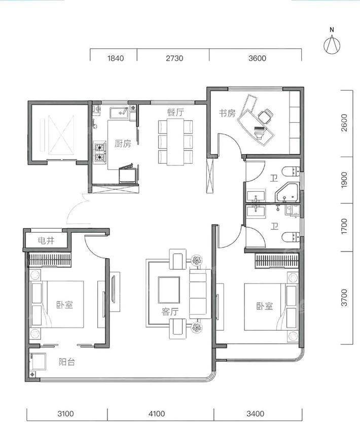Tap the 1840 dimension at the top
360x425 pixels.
point(116,58)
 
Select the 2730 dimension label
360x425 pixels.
point(174,58)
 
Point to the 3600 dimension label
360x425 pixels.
point(257,58)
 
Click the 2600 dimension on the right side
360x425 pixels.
point(344,123)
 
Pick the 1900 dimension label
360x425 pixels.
point(344,180)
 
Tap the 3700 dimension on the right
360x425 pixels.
point(344,298)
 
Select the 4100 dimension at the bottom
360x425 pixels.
point(157,414)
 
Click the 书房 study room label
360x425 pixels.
point(227,113)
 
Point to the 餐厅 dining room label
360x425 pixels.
point(175,112)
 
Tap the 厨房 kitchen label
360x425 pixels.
point(123,144)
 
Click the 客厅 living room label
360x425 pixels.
point(170,312)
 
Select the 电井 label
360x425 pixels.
point(46,240)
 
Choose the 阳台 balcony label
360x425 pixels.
point(67,362)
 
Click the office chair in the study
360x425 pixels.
point(265,116)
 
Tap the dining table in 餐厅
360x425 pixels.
point(175,142)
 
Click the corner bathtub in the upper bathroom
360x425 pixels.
point(287,193)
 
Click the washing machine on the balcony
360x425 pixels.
point(38,361)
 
